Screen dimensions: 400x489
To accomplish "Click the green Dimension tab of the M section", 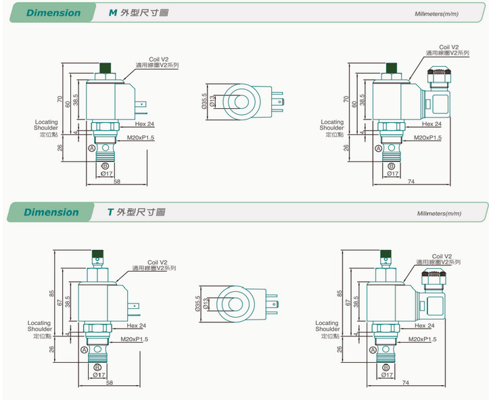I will (x=53, y=13).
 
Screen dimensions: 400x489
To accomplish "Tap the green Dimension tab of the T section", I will (x=51, y=212).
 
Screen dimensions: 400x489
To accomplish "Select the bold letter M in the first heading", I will (x=112, y=13).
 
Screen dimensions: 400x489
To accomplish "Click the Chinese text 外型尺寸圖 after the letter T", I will (x=141, y=212).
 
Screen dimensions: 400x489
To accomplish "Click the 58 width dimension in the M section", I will (x=117, y=182).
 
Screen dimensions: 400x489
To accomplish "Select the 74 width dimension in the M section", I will (x=412, y=182).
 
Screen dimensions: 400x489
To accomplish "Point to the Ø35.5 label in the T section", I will (x=198, y=306).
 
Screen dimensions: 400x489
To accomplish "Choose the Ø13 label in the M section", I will (x=212, y=102).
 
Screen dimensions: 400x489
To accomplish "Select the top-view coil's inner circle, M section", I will (x=240, y=102).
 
